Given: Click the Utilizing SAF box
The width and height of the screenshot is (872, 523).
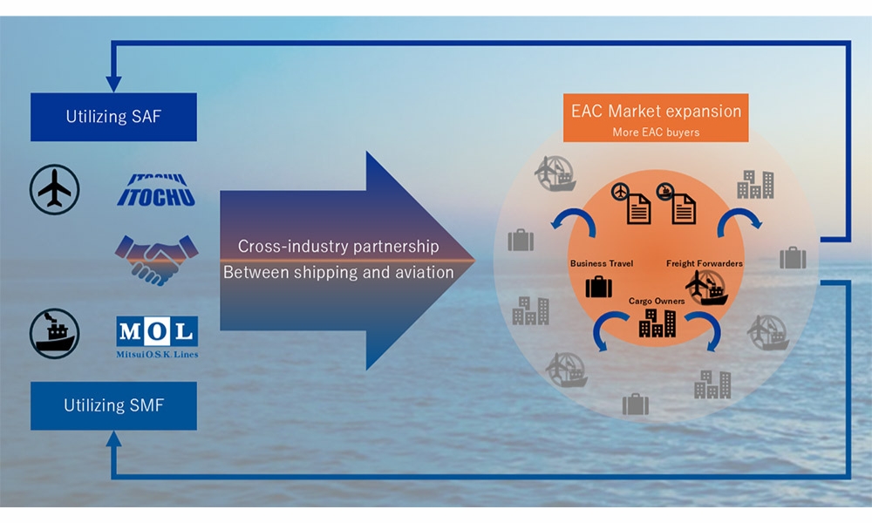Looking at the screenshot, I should (x=113, y=116).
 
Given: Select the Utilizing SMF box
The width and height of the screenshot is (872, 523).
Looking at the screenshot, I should (x=113, y=405).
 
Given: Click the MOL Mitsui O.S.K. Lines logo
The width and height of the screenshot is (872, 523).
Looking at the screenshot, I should (x=156, y=336).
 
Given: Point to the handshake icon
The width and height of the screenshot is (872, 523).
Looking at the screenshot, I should (x=156, y=259).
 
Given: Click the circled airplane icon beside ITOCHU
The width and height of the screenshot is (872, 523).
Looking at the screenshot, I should (x=54, y=188).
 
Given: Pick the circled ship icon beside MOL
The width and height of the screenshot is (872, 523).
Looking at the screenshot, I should (x=54, y=334).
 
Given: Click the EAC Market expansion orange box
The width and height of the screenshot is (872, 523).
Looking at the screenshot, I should (x=656, y=117).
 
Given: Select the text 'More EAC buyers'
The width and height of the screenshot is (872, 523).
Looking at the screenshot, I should (x=656, y=132).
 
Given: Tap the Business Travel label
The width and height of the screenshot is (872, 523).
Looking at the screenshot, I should (x=601, y=262).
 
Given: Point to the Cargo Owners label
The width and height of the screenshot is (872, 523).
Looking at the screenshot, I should (x=657, y=301).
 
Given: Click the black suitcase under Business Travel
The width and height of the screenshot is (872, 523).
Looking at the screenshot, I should (x=599, y=286).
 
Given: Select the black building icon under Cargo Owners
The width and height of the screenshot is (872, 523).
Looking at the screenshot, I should (x=657, y=324).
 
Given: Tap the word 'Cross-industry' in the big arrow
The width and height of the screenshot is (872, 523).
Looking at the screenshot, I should (x=283, y=247).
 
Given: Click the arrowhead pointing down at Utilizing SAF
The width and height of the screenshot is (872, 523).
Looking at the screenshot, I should (x=113, y=84).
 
